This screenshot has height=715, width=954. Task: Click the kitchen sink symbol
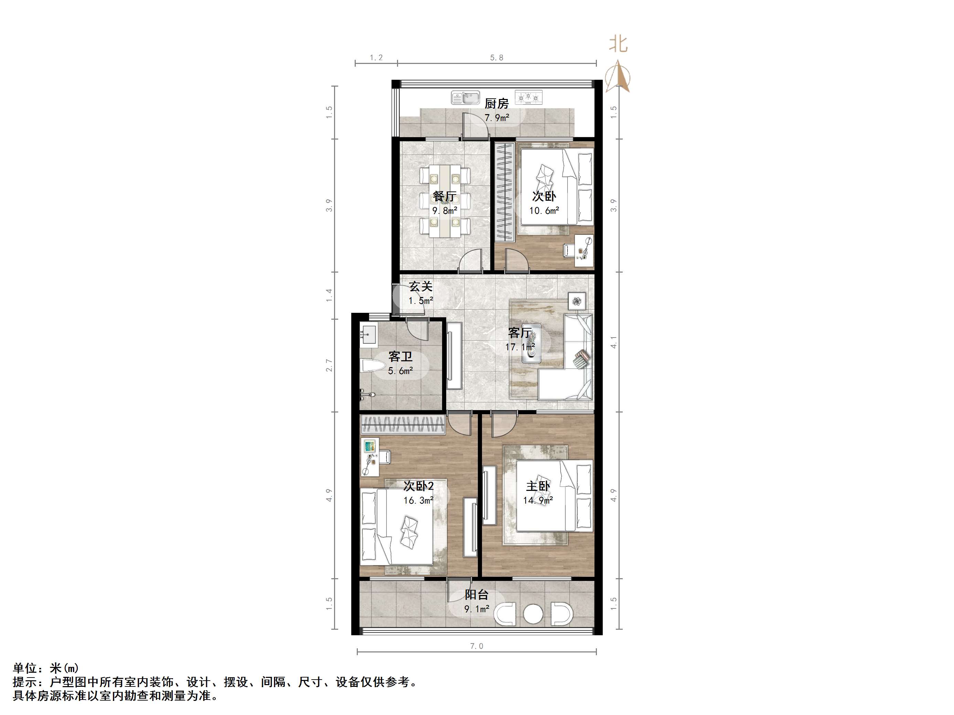pyautogui.click(x=465, y=98)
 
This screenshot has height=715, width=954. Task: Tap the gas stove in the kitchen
pyautogui.click(x=529, y=98)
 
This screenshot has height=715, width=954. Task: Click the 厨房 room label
pyautogui.click(x=496, y=103)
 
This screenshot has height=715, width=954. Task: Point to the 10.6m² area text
pyautogui.click(x=544, y=211)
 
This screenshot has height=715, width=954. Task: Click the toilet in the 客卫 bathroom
pyautogui.click(x=373, y=367)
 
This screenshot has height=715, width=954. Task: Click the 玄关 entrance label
pyautogui.click(x=420, y=287)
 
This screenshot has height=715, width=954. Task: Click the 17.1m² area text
pyautogui.click(x=521, y=346)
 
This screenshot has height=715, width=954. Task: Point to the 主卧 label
pyautogui.click(x=538, y=486)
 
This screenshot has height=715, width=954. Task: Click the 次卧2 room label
pyautogui.click(x=418, y=486)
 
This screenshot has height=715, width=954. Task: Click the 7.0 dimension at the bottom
pyautogui.click(x=476, y=646)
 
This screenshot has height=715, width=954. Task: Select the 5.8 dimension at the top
pyautogui.click(x=496, y=58)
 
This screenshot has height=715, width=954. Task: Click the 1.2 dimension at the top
pyautogui.click(x=376, y=58)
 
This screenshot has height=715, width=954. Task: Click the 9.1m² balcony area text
pyautogui.click(x=476, y=609)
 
